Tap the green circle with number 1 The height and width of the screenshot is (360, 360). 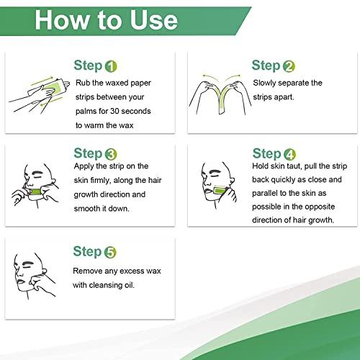[110, 67]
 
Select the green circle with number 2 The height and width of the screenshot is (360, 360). [289, 67]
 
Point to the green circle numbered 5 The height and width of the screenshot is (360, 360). [110, 252]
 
